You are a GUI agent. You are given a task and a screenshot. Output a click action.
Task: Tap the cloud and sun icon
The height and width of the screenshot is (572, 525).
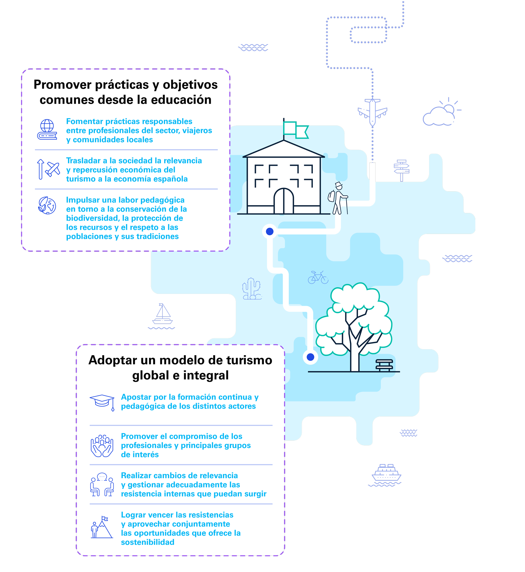(x=441, y=113)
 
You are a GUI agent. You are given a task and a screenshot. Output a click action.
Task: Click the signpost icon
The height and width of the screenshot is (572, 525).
(x=401, y=170)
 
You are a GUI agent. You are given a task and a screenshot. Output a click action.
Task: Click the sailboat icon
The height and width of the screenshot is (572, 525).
(x=162, y=315)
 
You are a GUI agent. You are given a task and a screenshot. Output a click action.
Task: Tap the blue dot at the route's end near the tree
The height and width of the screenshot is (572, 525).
(x=310, y=357)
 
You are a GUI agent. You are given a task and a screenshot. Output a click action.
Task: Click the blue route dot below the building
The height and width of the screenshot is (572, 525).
(x=269, y=231)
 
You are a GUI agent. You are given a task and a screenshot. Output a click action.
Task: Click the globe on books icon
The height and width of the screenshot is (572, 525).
(x=47, y=130)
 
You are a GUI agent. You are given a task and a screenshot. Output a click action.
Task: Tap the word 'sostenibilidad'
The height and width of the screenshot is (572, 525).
(x=147, y=542)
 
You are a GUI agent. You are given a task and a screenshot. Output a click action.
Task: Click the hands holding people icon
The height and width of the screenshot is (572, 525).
(x=102, y=446)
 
